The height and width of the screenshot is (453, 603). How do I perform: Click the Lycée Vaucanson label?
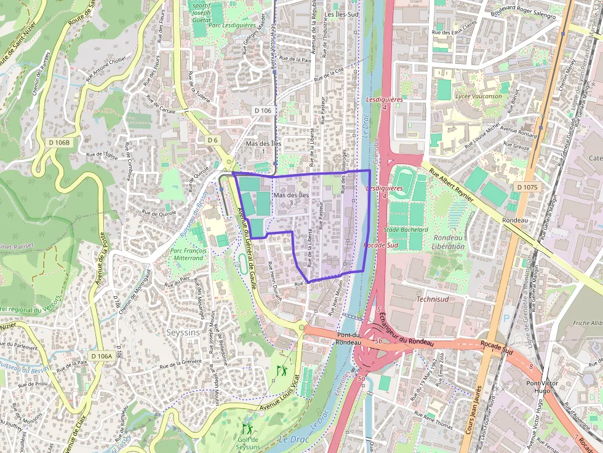[478, 97]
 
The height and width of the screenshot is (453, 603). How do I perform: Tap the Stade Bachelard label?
[405, 229]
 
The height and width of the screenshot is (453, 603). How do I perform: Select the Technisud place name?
[433, 299]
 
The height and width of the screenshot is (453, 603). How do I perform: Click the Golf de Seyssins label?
[248, 443]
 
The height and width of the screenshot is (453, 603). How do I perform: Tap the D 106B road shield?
[59, 143]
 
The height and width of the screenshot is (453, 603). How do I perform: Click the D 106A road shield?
[101, 356]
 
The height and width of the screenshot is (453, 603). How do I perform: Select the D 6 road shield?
[212, 140]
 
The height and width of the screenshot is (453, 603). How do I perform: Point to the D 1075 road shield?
[527, 187]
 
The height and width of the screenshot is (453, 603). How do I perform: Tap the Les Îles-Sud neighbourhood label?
[341, 14]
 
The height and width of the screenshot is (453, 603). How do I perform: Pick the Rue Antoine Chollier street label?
[109, 64]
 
